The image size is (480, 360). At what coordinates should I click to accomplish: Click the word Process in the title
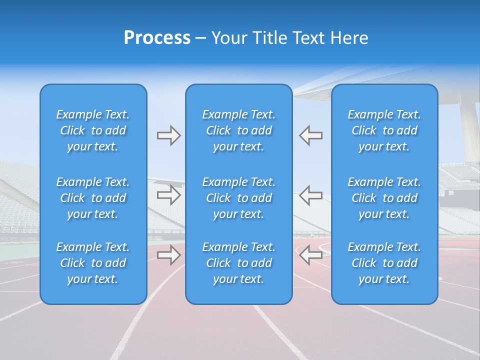157,38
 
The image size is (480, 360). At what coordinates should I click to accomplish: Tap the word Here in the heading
349,38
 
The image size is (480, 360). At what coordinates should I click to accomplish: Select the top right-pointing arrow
168,135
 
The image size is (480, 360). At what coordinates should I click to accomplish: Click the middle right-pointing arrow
168,195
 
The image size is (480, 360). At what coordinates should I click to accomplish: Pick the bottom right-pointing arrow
168,255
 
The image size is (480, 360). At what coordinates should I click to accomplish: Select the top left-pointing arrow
311,135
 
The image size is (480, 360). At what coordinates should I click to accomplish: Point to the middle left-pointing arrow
311,195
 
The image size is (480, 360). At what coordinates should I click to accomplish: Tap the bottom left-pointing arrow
311,255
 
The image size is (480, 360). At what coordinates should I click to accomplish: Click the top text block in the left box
93,130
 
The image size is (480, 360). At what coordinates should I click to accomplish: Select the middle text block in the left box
93,198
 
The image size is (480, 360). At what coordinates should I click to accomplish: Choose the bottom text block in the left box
93,263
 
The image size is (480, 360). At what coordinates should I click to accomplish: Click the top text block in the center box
238,130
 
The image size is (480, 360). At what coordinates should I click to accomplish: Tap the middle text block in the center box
238,198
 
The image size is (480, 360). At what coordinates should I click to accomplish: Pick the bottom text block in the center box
238,263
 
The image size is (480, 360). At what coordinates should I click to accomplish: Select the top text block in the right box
384,130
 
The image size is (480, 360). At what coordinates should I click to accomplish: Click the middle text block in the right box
384,198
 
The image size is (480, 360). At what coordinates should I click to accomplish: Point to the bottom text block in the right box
384,263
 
